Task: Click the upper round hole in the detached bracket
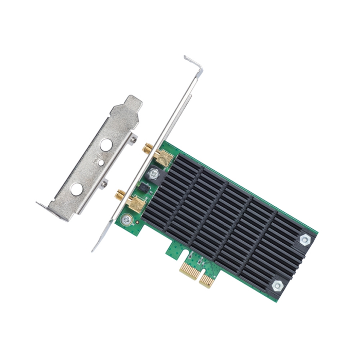coord(106,145)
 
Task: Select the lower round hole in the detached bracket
coord(77,189)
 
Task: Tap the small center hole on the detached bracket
coord(101,163)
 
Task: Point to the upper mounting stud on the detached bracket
coord(133,138)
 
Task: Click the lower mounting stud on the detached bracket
coord(104,183)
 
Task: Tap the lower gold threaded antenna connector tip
coord(119,195)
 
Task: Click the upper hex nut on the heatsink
coord(304,239)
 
